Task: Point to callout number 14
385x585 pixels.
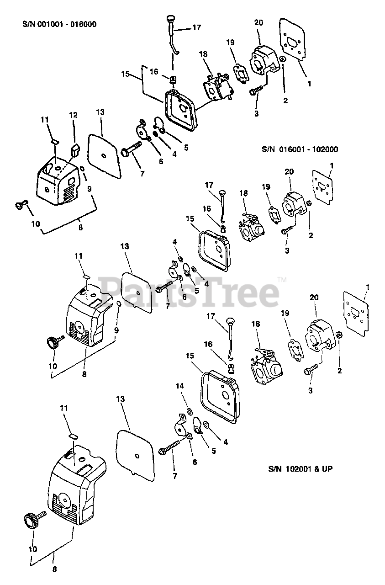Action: [180, 386]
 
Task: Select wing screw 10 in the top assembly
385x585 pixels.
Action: [21, 204]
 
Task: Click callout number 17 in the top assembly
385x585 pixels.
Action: [196, 27]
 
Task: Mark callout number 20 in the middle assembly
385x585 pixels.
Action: [289, 172]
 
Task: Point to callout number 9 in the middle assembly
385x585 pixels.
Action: [116, 329]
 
